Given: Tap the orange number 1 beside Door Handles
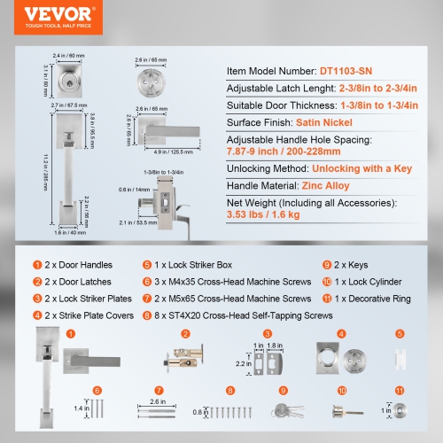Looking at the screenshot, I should click(36, 264).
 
